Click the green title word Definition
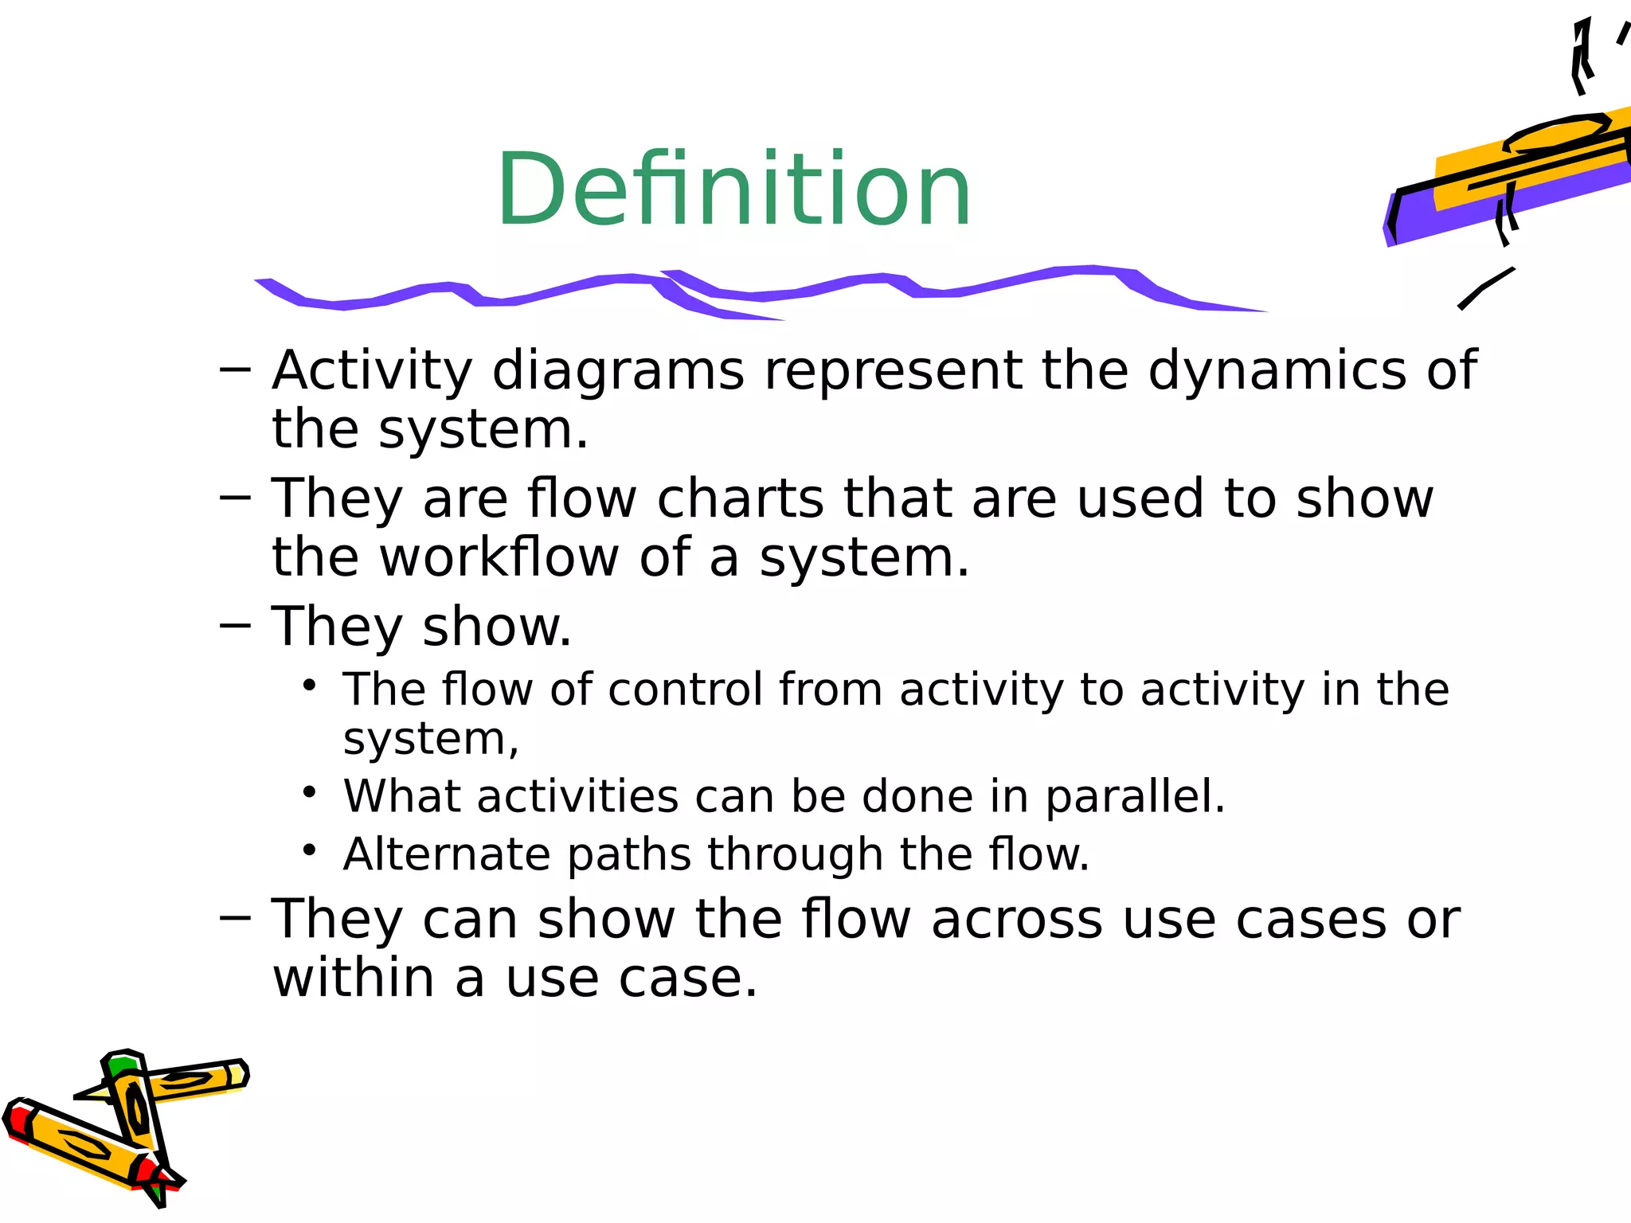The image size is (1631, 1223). pyautogui.click(x=733, y=191)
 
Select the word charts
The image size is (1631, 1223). pyautogui.click(x=740, y=499)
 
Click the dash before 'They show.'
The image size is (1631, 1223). pyautogui.click(x=235, y=627)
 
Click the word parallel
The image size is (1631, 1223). pyautogui.click(x=1134, y=796)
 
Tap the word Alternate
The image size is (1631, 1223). pyautogui.click(x=446, y=854)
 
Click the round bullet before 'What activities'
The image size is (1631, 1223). pyautogui.click(x=310, y=793)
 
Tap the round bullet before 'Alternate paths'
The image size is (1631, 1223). pyautogui.click(x=310, y=850)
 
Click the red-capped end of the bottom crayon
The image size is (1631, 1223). pyautogui.click(x=18, y=1119)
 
